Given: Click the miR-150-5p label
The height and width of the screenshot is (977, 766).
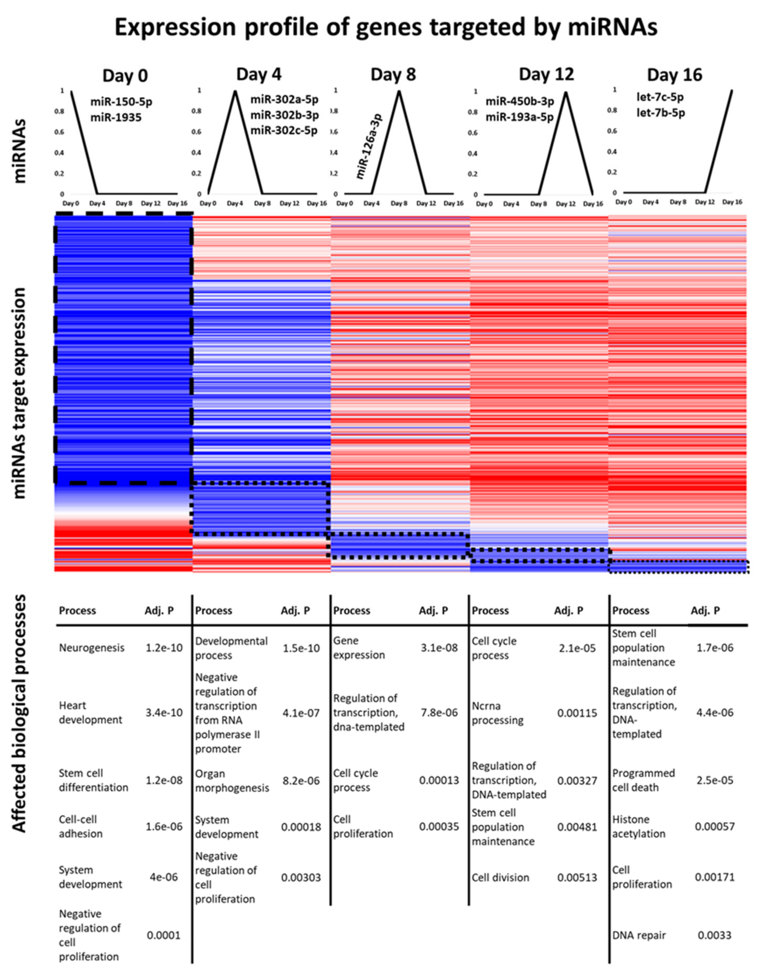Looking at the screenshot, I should [x=121, y=102].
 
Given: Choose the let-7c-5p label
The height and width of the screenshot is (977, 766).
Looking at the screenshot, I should [x=660, y=97].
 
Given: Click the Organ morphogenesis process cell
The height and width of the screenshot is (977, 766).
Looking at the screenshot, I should [x=232, y=781].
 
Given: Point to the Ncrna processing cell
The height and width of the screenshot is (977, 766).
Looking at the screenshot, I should [x=497, y=713].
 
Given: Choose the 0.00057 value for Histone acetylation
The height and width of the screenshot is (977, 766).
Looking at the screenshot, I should [x=715, y=826].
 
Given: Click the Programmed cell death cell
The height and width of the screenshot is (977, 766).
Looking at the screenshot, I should [x=643, y=780].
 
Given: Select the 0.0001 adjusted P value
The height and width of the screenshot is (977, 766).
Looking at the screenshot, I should [x=164, y=935].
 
